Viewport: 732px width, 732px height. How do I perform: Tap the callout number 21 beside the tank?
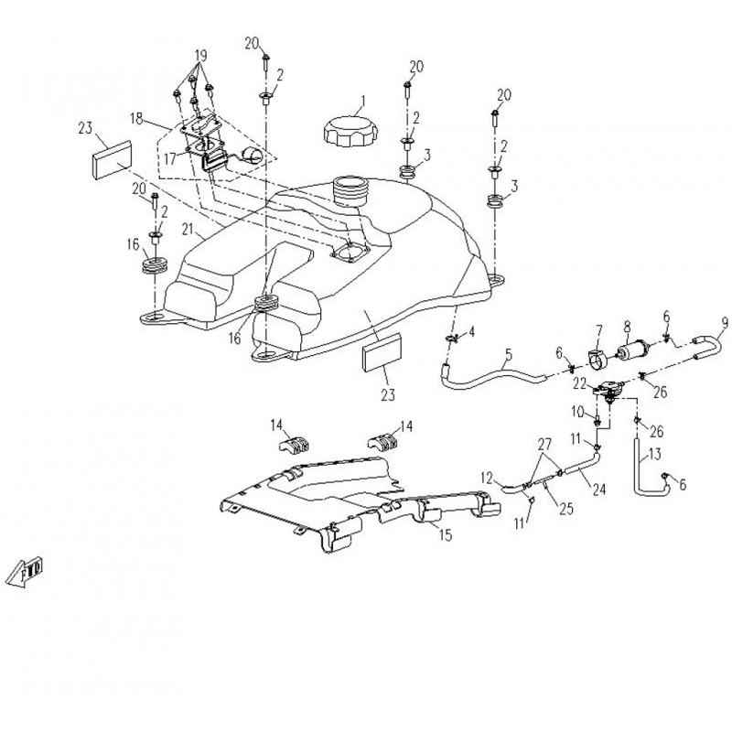[x=189, y=229]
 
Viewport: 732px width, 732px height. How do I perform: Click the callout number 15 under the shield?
[x=445, y=535]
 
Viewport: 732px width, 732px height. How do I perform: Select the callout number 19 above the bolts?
[x=202, y=54]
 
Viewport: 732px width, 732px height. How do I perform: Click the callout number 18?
[x=136, y=119]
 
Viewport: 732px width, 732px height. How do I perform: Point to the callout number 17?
[x=170, y=157]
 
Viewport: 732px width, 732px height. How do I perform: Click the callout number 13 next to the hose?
[x=657, y=454]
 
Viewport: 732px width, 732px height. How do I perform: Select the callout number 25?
[x=565, y=509]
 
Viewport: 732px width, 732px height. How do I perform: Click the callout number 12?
[x=488, y=477]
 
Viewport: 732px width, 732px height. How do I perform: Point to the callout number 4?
[x=472, y=331]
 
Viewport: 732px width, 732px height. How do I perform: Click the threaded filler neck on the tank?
[x=351, y=193]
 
